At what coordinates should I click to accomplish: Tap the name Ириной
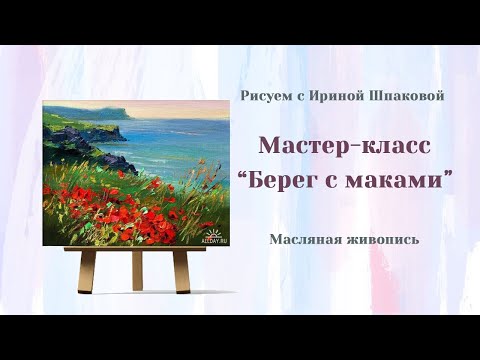coord(333,95)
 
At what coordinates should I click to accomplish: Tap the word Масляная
coord(306,239)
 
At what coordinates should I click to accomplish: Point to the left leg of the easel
coord(88,270)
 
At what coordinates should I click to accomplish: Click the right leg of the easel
coord(181,270)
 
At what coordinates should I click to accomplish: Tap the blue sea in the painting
coord(170,140)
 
